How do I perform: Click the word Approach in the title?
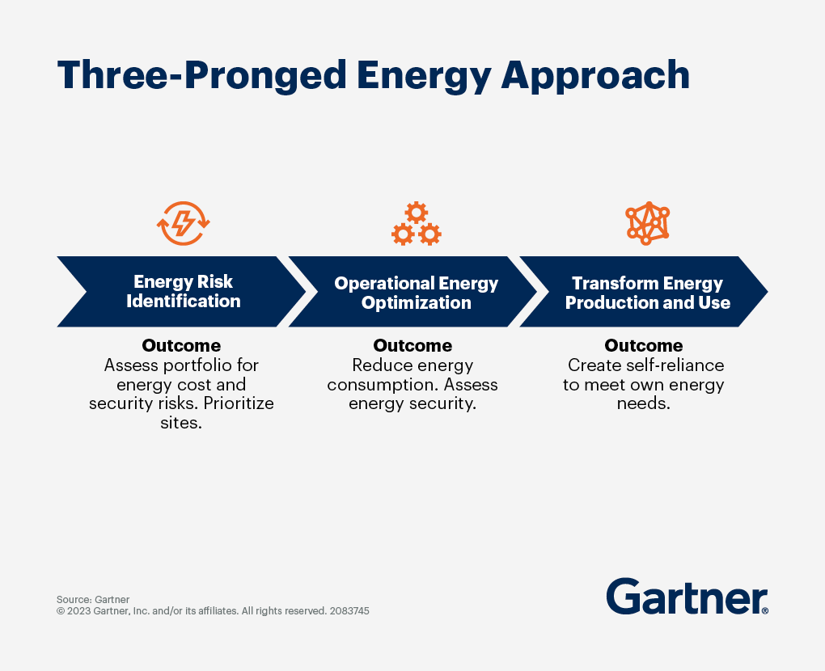point(595,75)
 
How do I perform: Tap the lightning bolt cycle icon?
point(184,223)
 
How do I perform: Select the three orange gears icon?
point(417,224)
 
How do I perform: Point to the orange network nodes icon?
point(647,223)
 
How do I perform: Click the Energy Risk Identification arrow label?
point(184,292)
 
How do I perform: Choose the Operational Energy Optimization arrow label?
point(416,293)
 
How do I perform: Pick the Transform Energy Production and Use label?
point(647,293)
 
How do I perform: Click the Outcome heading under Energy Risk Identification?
point(181,345)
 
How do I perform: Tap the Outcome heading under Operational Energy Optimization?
point(412,345)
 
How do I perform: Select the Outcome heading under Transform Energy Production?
point(644,345)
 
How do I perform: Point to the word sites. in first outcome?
point(181,423)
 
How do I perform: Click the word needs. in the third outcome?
point(644,403)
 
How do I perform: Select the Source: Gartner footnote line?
point(93,599)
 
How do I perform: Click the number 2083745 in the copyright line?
point(347,611)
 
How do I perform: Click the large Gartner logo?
point(686,597)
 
